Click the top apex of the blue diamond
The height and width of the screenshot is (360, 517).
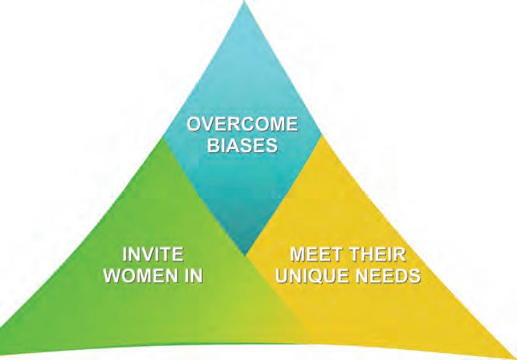[x=245, y=2]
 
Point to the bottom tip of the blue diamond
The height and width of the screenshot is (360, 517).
[x=245, y=257]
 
